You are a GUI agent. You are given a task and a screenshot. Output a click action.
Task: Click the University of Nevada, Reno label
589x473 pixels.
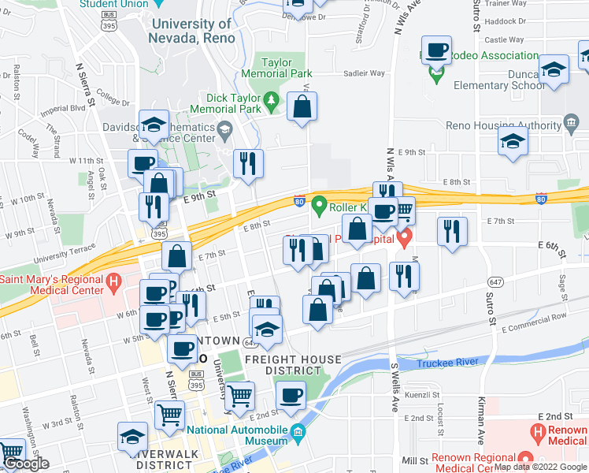[x=192, y=31]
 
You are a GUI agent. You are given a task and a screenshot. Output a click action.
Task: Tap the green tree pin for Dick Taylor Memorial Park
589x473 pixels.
[x=272, y=100]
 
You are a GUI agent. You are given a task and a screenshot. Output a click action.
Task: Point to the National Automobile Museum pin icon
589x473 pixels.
[x=298, y=431]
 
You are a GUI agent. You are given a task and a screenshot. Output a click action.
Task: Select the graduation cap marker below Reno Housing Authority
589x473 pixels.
[x=513, y=142]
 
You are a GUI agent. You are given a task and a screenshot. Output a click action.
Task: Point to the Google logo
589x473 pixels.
[x=25, y=464]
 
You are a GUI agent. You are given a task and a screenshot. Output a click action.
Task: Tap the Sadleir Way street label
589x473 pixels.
[x=365, y=73]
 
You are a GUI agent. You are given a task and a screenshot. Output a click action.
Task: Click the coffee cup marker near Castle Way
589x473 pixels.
[x=436, y=51]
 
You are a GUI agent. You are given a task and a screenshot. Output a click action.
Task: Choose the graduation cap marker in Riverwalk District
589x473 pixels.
[x=132, y=437]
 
